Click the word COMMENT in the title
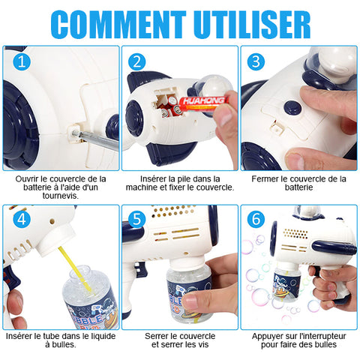(x=118, y=24)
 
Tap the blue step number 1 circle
(x=22, y=61)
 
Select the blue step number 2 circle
(x=136, y=61)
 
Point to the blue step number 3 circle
(x=256, y=61)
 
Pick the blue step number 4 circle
(x=22, y=220)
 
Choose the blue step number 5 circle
(x=136, y=220)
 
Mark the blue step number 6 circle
(x=256, y=220)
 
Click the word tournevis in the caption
(x=61, y=196)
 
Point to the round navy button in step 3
(x=292, y=108)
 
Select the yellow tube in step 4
(x=74, y=268)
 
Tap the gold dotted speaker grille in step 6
(x=296, y=233)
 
